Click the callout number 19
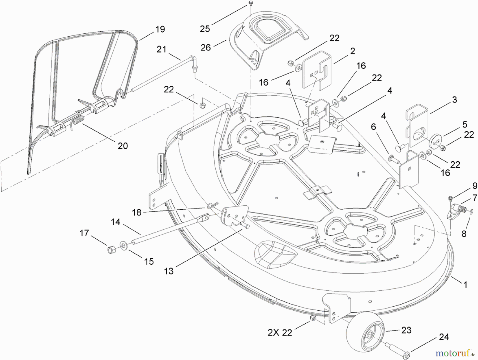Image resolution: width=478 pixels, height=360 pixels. pyautogui.click(x=160, y=29)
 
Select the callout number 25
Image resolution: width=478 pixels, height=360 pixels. pyautogui.click(x=205, y=29)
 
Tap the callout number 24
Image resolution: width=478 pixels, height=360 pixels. pyautogui.click(x=444, y=337)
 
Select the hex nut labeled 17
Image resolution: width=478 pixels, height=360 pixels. pyautogui.click(x=111, y=250)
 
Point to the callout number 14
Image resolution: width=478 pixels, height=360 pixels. pyautogui.click(x=116, y=222)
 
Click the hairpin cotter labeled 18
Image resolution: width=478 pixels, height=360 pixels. pyautogui.click(x=212, y=205)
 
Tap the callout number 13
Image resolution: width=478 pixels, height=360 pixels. pyautogui.click(x=169, y=271)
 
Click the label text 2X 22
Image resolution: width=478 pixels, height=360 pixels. pyautogui.click(x=280, y=332)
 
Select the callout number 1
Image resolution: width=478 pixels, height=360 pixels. pyautogui.click(x=465, y=285)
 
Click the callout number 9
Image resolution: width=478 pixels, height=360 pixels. pyautogui.click(x=475, y=185)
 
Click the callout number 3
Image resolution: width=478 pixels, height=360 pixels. pyautogui.click(x=454, y=100)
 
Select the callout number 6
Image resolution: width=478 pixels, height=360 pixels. pyautogui.click(x=373, y=127)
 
